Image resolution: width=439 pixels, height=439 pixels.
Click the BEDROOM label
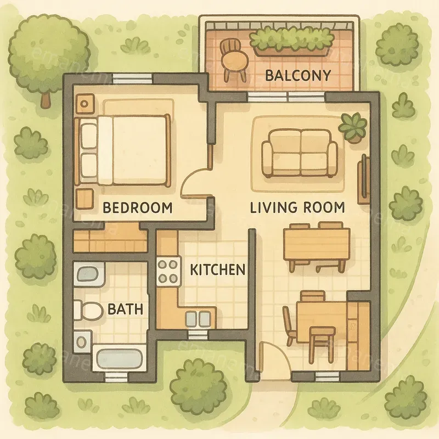(138, 208)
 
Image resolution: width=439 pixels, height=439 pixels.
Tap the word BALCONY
(298, 75)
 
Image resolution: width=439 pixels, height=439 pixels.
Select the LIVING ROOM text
(297, 207)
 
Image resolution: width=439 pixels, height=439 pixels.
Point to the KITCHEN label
(217, 269)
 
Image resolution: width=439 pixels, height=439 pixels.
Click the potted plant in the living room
(352, 127)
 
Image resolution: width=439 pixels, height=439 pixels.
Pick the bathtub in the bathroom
(119, 359)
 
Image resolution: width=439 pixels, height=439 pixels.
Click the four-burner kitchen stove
(168, 271)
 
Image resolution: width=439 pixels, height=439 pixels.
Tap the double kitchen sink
(197, 319)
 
